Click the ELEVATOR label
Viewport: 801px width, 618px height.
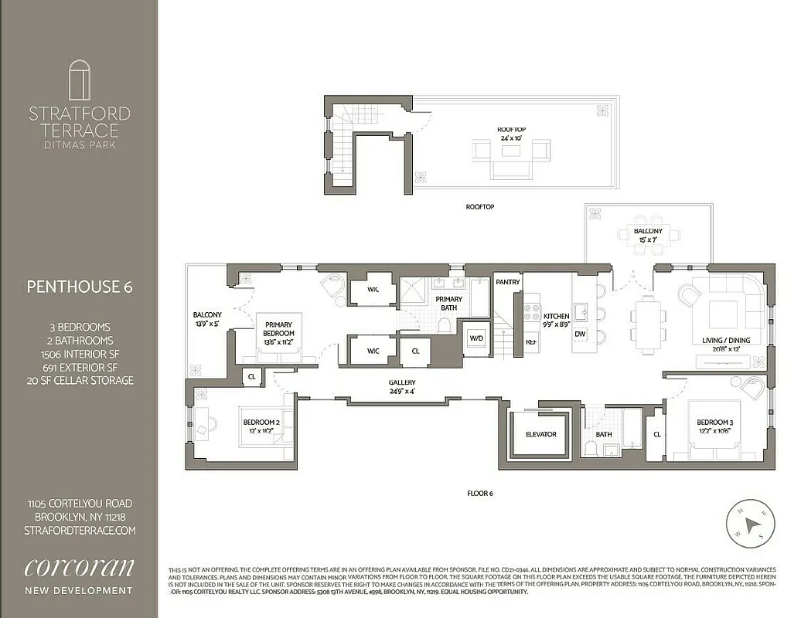(x=540, y=434)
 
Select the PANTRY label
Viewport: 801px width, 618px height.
(x=507, y=283)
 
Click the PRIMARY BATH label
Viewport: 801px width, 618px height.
(x=448, y=304)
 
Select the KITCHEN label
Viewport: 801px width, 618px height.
(x=556, y=317)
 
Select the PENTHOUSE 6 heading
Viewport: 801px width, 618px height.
(x=80, y=287)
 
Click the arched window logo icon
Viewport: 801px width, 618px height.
(x=80, y=80)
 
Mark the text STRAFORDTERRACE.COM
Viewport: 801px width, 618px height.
(x=80, y=530)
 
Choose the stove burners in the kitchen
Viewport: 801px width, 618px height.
(x=532, y=312)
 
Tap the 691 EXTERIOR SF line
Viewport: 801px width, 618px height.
(x=80, y=367)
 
